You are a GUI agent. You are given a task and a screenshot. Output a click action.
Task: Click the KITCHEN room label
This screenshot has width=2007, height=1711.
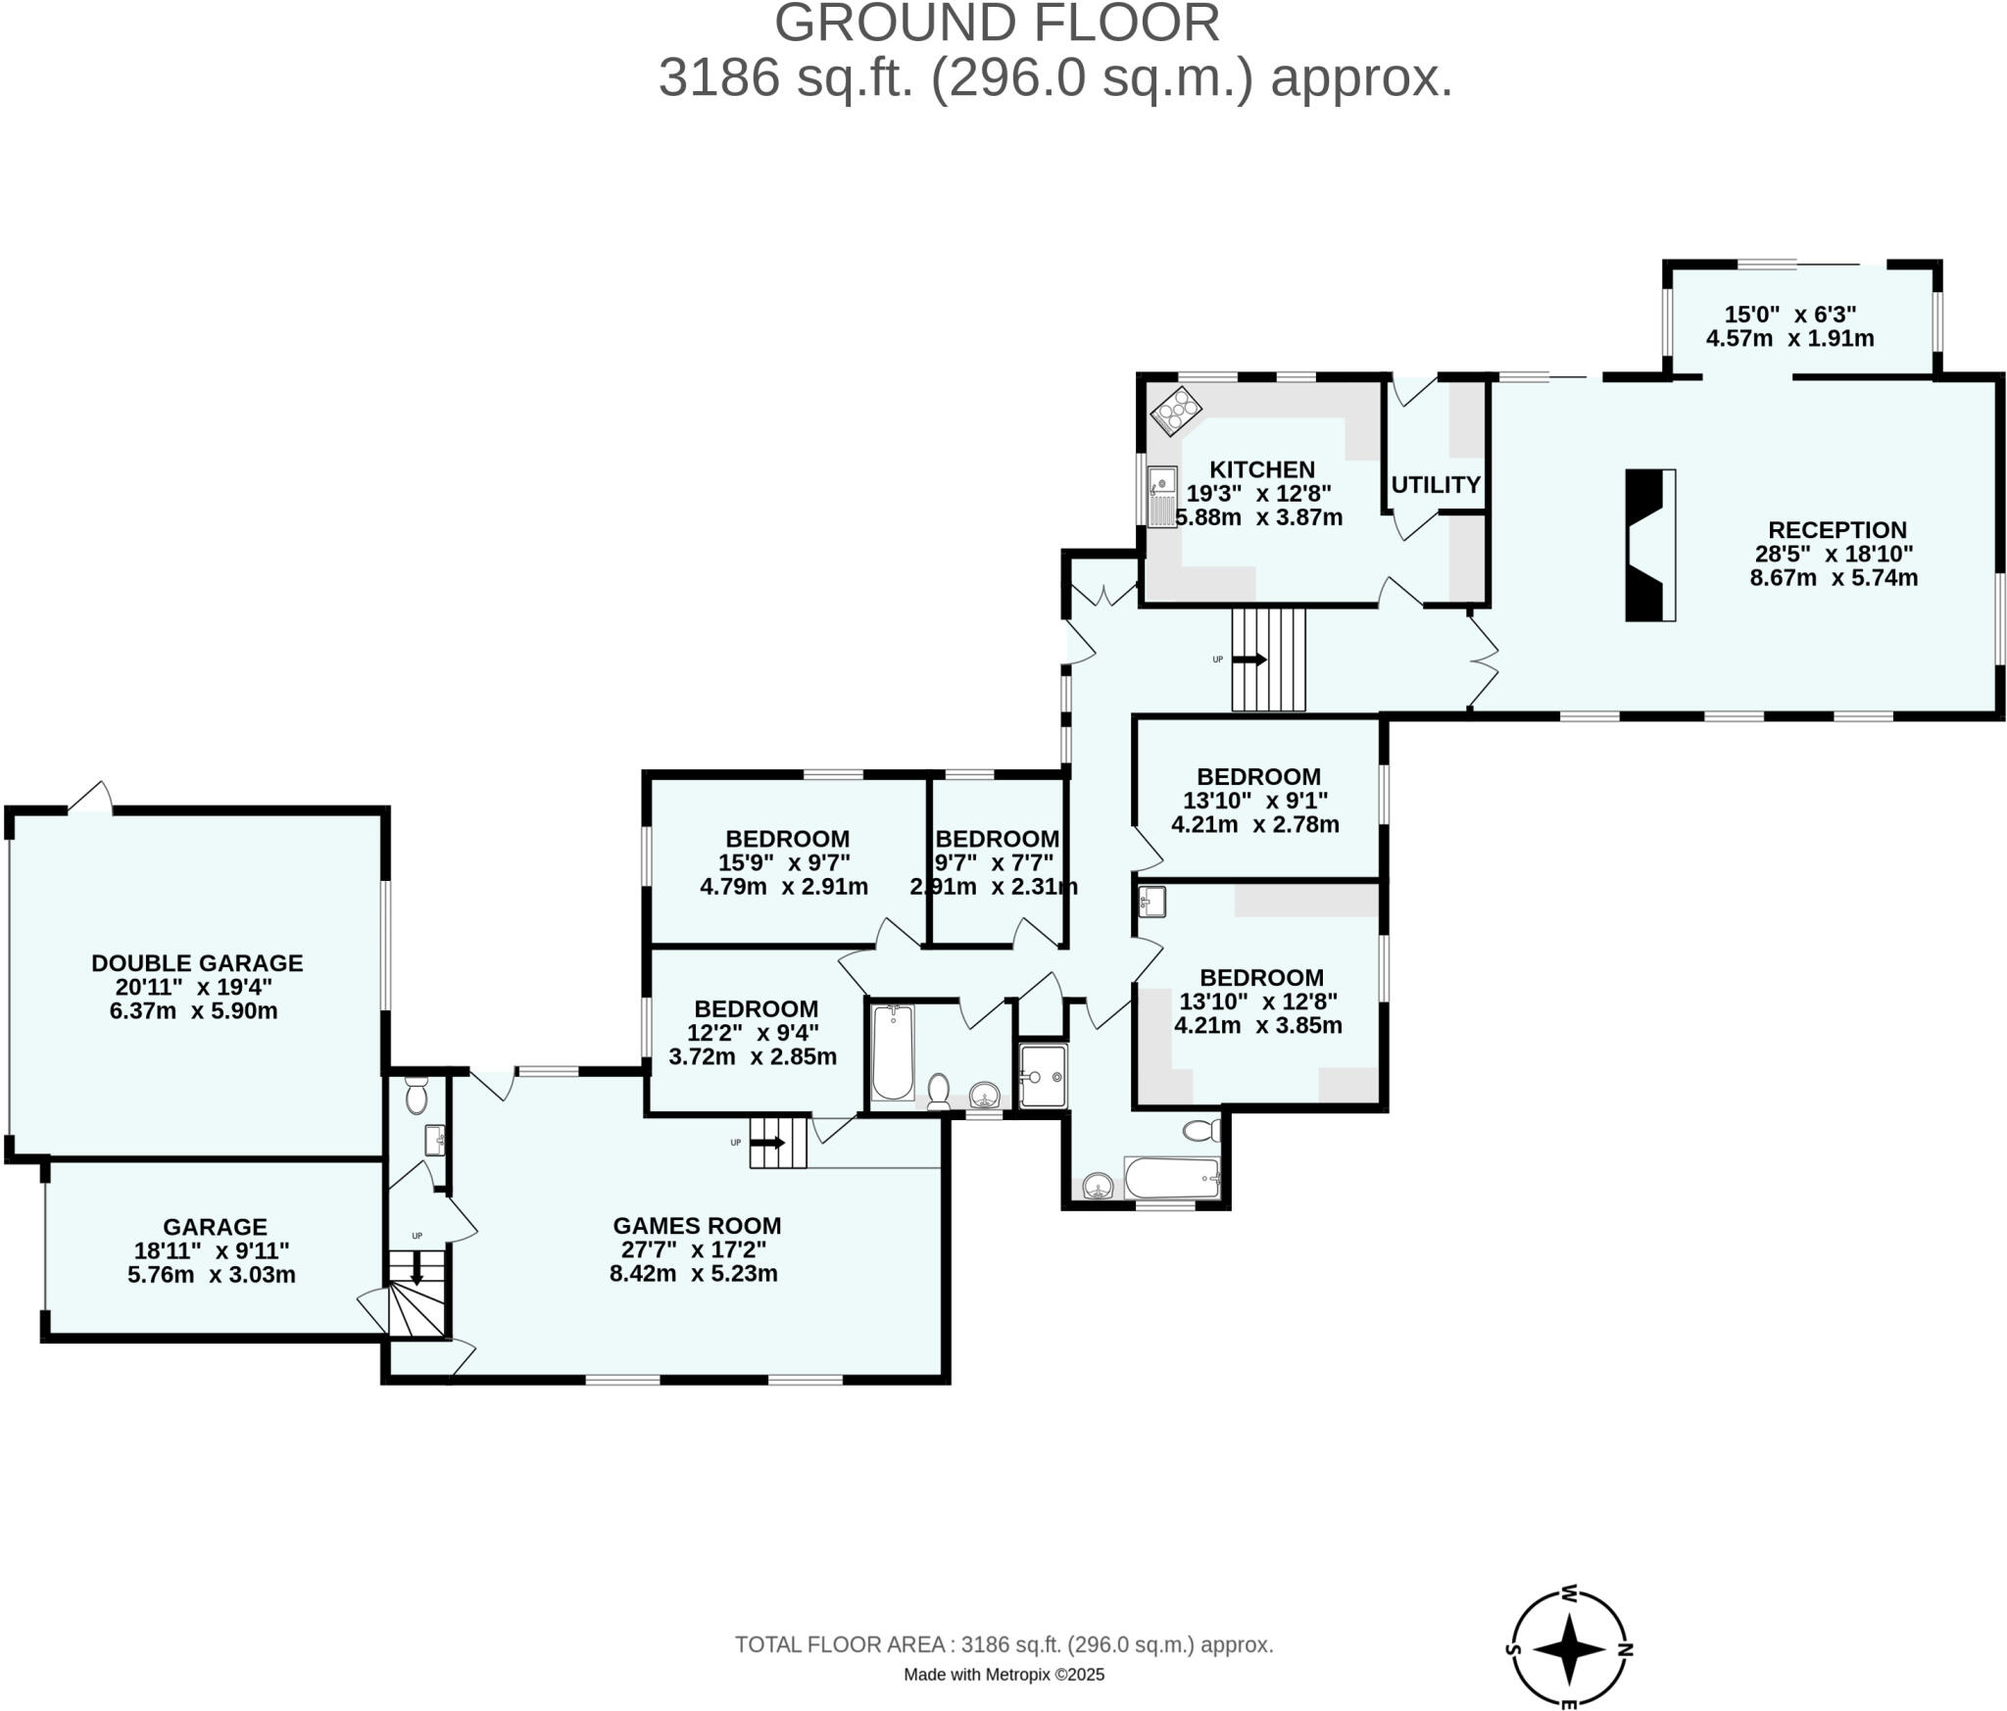pyautogui.click(x=1261, y=469)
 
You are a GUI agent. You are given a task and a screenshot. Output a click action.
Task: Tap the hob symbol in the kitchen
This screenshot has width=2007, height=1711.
pyautogui.click(x=1175, y=412)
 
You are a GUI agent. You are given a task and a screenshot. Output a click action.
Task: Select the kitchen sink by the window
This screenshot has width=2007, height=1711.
pyautogui.click(x=1162, y=496)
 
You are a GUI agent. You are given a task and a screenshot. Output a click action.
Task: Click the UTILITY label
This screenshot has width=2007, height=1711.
pyautogui.click(x=1435, y=484)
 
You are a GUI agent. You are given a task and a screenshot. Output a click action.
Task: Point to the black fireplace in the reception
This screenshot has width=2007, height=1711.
pyautogui.click(x=1648, y=545)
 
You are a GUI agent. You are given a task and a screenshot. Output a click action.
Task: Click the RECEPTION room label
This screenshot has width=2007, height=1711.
pyautogui.click(x=1836, y=530)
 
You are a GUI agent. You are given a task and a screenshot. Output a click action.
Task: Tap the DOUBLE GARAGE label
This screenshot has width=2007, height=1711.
pyautogui.click(x=197, y=962)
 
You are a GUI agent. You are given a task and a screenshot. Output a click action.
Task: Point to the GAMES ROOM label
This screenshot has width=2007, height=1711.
pyautogui.click(x=697, y=1225)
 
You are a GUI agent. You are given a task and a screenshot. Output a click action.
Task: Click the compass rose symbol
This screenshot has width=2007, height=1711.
pyautogui.click(x=1569, y=1649)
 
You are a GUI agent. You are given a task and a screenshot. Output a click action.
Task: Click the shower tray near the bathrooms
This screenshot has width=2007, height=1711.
pyautogui.click(x=1043, y=1076)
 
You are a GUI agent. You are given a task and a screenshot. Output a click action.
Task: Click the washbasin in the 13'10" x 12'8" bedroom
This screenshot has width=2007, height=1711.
pyautogui.click(x=1152, y=901)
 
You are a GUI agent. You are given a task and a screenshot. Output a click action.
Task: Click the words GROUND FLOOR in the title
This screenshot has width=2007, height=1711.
pyautogui.click(x=997, y=24)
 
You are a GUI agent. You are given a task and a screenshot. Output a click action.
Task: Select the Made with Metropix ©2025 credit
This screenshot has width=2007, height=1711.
pyautogui.click(x=1003, y=1675)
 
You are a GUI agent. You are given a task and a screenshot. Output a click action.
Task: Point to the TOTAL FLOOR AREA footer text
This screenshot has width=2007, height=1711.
pyautogui.click(x=1003, y=1644)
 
